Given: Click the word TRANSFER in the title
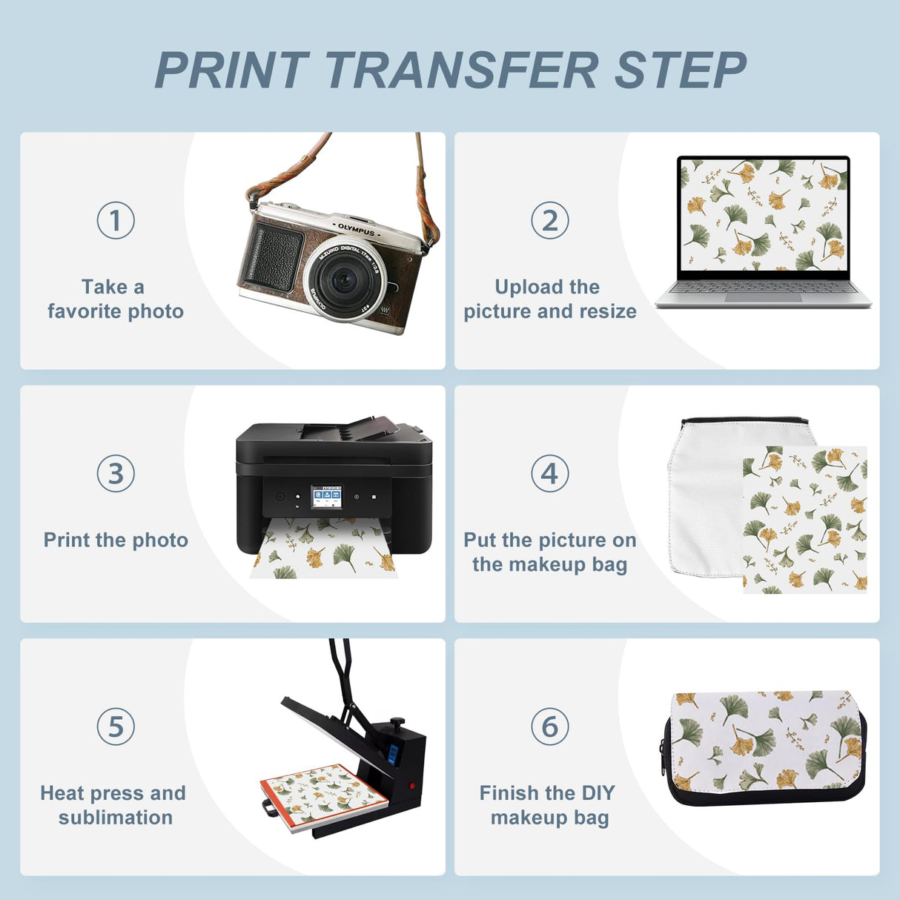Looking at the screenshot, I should coord(461,71).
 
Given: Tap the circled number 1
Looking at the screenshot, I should coord(116,220).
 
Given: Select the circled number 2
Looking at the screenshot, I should coord(549,220).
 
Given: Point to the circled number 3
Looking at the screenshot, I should coord(116,474).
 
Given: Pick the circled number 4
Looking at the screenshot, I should coord(549,474).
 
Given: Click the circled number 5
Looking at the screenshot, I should coord(116,727).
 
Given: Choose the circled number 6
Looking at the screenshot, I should coord(549,727).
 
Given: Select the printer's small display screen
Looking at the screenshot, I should coord(326,497).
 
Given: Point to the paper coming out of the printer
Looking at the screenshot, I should coord(323,552).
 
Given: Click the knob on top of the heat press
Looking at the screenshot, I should coord(398,721).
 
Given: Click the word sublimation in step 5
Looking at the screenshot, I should coord(116,818).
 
